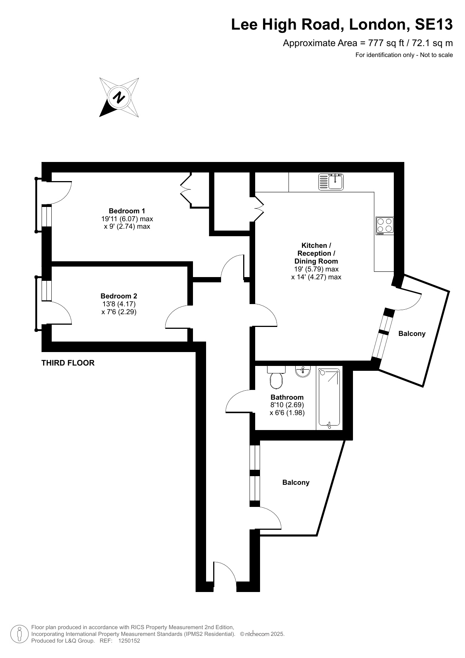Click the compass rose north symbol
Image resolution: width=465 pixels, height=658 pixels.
[119, 97]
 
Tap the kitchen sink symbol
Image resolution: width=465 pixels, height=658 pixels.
[331, 181]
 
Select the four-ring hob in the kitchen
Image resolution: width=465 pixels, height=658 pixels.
[385, 226]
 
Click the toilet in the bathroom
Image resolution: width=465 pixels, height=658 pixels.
[277, 378]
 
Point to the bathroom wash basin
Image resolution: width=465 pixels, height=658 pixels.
[303, 371]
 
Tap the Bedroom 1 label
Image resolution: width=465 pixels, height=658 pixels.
[127, 211]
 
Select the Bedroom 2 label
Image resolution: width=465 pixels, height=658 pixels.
[119, 296]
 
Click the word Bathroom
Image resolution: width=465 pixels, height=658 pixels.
[287, 397]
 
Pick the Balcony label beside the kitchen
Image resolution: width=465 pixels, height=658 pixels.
[412, 334]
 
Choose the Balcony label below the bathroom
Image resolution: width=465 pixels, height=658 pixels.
[296, 483]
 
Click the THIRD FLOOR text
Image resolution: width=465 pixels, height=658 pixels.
[68, 363]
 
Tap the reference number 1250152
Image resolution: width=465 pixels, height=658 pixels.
[129, 641]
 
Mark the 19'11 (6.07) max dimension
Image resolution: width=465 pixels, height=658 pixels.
[127, 219]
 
